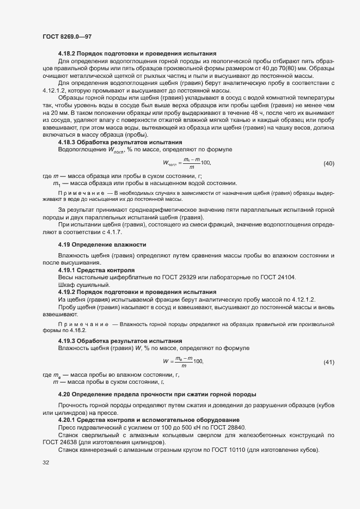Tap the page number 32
46,462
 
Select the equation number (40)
328,163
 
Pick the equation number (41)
328,362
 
